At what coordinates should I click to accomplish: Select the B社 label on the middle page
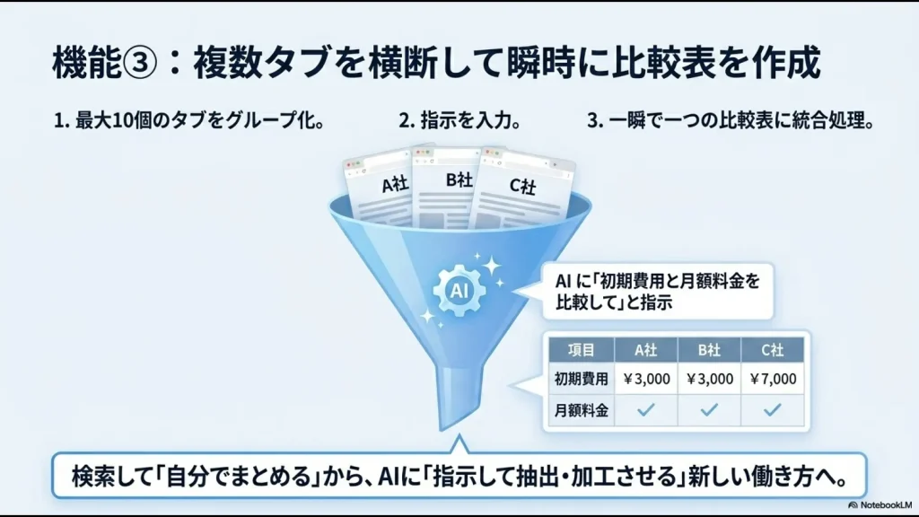459,179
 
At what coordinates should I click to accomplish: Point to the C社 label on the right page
522,186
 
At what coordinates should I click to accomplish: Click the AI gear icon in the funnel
459,289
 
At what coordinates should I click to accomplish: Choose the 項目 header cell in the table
582,350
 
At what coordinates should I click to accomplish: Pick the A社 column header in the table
646,350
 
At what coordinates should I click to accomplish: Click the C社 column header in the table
773,350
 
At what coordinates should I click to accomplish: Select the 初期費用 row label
582,379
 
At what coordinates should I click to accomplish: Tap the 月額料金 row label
582,409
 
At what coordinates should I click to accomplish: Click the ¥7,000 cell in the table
772,379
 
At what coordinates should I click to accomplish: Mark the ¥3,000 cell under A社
645,379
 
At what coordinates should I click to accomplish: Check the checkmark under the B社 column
709,409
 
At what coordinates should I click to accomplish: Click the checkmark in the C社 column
772,409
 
